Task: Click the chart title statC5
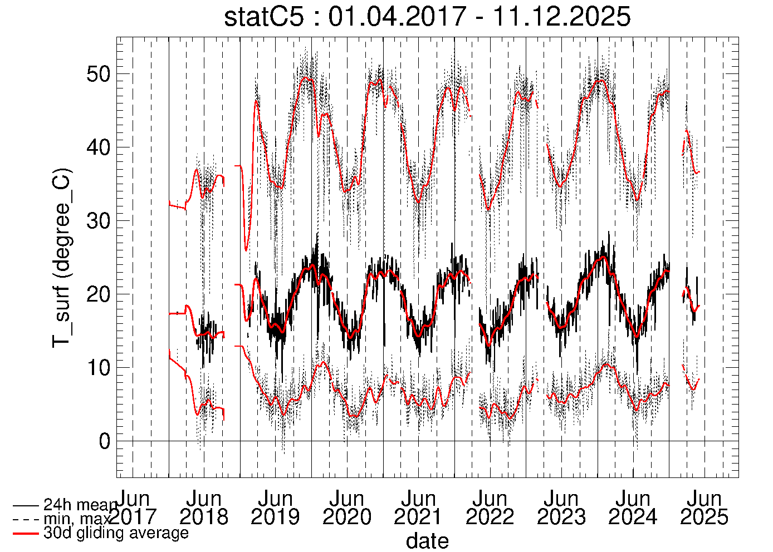point(427,17)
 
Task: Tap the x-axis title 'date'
point(427,540)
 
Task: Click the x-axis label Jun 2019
point(275,507)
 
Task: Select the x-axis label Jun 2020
point(347,507)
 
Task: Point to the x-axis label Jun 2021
point(418,507)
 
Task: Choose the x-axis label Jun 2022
point(490,507)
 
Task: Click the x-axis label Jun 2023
point(561,507)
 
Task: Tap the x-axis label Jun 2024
point(633,507)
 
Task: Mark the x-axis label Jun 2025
point(704,507)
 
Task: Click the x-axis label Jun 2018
point(204,507)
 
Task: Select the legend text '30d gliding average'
point(116,533)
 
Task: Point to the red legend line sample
point(26,534)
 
